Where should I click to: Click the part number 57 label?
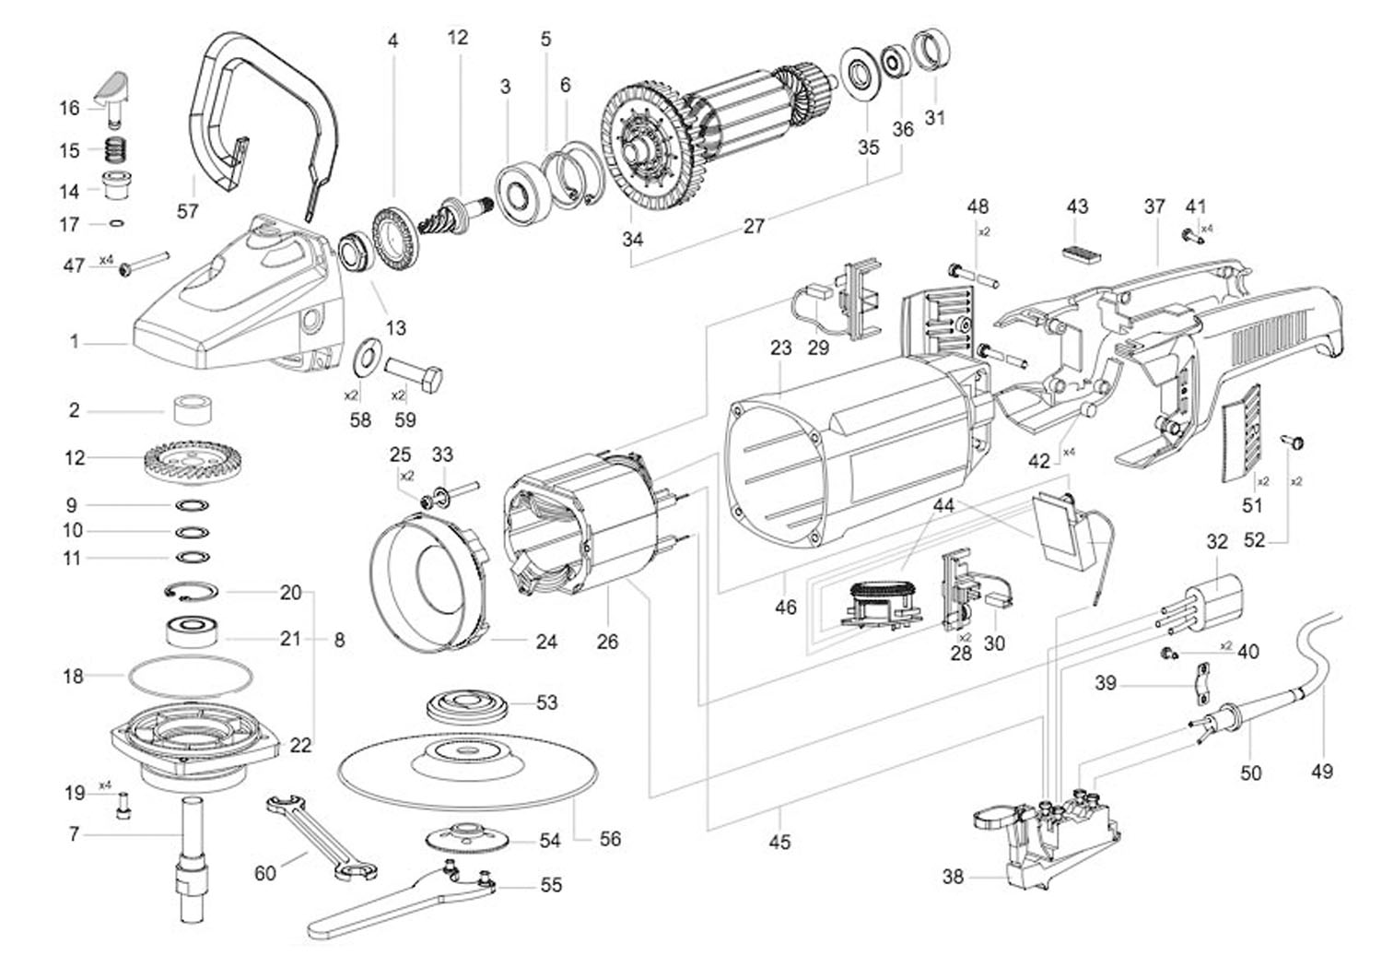[x=188, y=211]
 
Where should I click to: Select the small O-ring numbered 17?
[x=116, y=223]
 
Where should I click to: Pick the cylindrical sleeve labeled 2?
[x=192, y=408]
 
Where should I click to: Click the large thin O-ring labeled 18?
[x=191, y=678]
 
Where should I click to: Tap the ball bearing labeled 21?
[x=192, y=630]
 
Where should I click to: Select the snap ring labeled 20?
[x=192, y=591]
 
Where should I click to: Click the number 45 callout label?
[x=779, y=842]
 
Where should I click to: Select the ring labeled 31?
[x=931, y=50]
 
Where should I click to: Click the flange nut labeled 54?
[x=469, y=838]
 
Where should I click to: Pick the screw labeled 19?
[x=124, y=806]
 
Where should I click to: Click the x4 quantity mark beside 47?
[x=106, y=260]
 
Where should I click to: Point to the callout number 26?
[x=607, y=642]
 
